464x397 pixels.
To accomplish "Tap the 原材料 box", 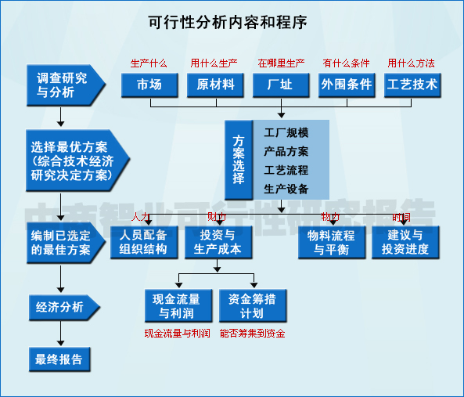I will pyautogui.click(x=215, y=85).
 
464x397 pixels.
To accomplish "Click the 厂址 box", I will pyautogui.click(x=280, y=85).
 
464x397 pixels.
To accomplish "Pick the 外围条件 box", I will pyautogui.click(x=346, y=85).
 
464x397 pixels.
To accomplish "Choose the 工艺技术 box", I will pyautogui.click(x=412, y=85).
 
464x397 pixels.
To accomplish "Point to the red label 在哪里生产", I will pyautogui.click(x=281, y=63).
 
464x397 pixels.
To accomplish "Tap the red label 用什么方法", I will pyautogui.click(x=412, y=63).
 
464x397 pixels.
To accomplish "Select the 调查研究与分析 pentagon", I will pyautogui.click(x=63, y=85).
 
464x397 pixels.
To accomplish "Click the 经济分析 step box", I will pyautogui.click(x=61, y=307).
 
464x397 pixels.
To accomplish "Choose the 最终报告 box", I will pyautogui.click(x=59, y=359).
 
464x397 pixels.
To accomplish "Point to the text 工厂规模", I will pyautogui.click(x=286, y=133).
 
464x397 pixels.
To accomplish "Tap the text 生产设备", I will pyautogui.click(x=286, y=189).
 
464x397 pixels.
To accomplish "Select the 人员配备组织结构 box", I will pyautogui.click(x=143, y=243).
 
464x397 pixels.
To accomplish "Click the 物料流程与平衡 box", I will pyautogui.click(x=331, y=243).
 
